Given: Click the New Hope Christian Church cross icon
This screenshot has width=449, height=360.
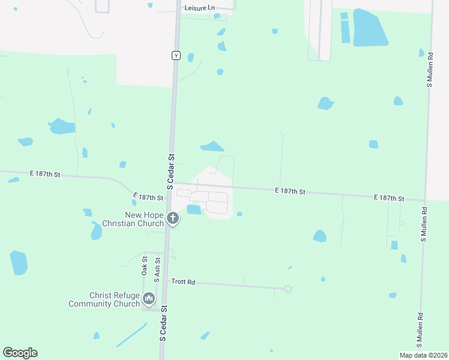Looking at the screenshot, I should tap(173, 218).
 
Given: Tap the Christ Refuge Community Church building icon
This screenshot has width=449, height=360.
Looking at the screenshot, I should tap(149, 298).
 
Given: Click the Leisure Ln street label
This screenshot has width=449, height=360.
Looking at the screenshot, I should tap(199, 8).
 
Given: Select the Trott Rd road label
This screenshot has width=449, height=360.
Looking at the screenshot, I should tap(184, 281).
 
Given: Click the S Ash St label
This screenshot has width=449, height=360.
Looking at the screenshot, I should tap(157, 270).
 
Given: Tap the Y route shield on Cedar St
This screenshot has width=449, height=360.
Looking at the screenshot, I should tap(176, 55).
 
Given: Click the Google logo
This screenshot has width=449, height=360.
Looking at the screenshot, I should tap(20, 353).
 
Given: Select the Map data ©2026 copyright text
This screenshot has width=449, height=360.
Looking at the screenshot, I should tap(423, 355).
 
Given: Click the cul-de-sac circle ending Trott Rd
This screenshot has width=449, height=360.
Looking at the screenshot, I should tap(288, 289).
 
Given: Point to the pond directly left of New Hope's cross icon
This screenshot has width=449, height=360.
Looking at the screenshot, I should tap(95, 231).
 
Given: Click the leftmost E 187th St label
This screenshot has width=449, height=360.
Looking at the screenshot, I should tap(46, 174).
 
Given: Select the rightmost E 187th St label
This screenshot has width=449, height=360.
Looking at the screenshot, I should tap(389, 197).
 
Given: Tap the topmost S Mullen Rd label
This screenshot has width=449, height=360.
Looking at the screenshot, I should tap(430, 69).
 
